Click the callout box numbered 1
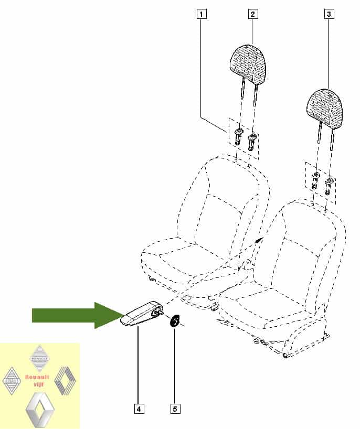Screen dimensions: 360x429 202,14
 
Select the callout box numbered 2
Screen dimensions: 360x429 252,14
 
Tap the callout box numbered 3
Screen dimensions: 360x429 329,14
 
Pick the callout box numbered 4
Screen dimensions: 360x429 139,409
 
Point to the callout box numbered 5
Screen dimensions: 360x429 175,409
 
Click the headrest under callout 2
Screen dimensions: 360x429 248,63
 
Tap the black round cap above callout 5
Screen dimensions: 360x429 174,321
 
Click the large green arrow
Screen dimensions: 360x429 77,315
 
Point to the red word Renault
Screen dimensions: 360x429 37,377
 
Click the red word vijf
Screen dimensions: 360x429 38,384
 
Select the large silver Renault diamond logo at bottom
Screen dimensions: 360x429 40,410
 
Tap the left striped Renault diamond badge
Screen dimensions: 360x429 12,381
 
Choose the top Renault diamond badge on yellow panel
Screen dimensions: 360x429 40,358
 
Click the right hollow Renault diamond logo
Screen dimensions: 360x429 65,381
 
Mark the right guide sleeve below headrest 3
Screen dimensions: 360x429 329,185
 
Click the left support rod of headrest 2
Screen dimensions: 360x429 242,89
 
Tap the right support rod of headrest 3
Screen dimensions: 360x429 332,140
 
